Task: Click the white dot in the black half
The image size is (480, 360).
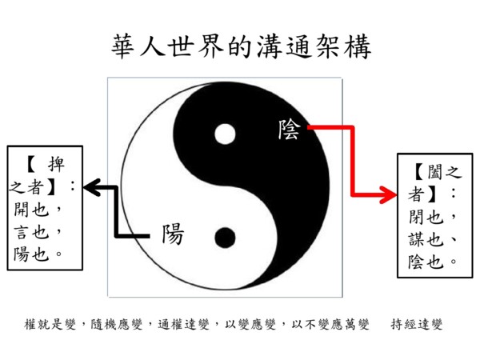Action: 225,134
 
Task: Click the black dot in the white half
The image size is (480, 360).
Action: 225,238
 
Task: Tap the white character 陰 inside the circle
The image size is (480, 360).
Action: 289,130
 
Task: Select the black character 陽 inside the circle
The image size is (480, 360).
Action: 173,234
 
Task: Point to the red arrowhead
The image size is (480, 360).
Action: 388,194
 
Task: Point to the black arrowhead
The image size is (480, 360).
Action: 93,187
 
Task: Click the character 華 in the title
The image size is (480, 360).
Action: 122,46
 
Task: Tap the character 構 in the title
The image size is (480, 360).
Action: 358,46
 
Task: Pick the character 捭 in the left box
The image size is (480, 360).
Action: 56,164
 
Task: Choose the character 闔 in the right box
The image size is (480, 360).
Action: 434,172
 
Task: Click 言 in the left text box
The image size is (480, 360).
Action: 22,232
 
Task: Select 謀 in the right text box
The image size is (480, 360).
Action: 417,239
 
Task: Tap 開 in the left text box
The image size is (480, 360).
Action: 22,210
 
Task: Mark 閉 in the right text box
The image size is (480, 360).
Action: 417,217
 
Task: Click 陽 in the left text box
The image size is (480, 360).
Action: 22,254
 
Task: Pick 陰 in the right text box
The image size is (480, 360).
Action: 417,262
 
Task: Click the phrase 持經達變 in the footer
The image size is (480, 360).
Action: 417,324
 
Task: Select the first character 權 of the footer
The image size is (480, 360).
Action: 30,324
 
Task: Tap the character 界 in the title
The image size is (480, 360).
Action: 211,46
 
